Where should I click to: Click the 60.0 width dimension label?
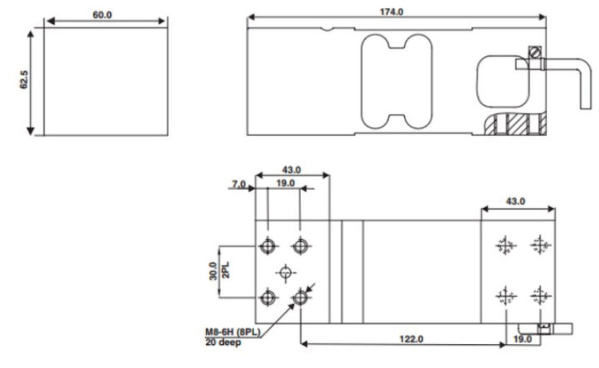click(102, 15)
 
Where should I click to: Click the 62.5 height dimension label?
click(24, 80)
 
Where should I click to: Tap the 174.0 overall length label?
click(391, 12)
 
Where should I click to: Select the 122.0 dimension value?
click(411, 339)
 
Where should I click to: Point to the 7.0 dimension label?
click(239, 184)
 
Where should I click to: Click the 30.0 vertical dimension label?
click(213, 271)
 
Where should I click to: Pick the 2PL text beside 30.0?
click(225, 271)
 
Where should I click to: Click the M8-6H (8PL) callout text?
click(233, 332)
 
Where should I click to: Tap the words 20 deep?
click(223, 342)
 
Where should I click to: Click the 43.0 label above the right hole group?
click(515, 201)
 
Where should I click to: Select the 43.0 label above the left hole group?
click(291, 170)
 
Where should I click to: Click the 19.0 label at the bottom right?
click(522, 339)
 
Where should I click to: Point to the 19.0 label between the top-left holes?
click(285, 183)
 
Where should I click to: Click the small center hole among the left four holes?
click(286, 272)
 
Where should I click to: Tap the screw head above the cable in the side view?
click(535, 52)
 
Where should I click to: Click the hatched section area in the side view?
click(515, 123)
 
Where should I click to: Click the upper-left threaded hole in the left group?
click(268, 246)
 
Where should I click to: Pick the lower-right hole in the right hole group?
click(540, 295)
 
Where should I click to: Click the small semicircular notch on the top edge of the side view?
click(327, 30)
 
